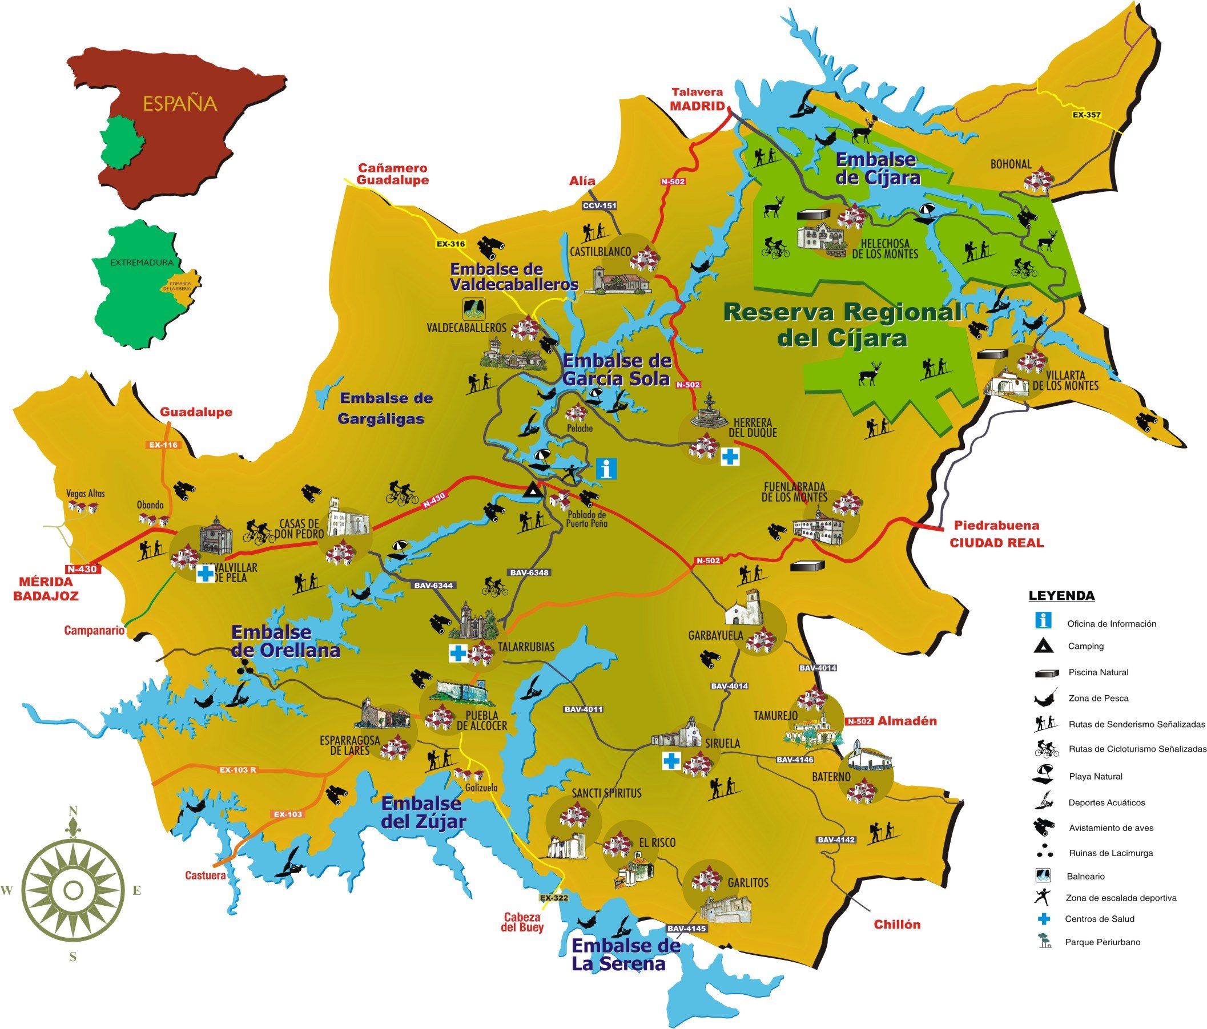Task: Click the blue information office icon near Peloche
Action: coord(606,468)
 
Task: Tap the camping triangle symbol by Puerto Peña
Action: coord(532,491)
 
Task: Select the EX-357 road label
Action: coord(1087,115)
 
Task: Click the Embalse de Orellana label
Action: coord(285,641)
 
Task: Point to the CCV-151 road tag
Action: coord(600,205)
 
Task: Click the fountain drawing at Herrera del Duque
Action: coord(709,411)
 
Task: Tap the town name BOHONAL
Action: coord(1011,164)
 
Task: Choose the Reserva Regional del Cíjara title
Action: coord(842,325)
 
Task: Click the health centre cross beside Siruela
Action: coord(671,761)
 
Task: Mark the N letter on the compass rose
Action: coord(74,811)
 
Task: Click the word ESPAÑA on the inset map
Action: coord(180,104)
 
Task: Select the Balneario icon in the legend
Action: coord(1043,875)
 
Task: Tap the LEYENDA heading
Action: coord(1061,596)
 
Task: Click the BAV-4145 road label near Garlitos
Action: coord(686,928)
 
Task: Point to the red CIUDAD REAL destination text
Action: coord(996,543)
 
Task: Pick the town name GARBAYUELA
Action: coord(715,635)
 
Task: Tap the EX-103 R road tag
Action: coord(237,770)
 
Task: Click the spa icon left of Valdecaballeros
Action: coord(473,309)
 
